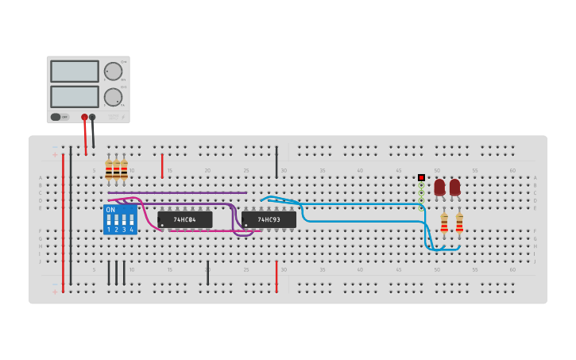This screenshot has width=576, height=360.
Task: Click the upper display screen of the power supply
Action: coord(75,72)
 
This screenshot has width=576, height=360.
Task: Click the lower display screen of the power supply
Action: coord(75,97)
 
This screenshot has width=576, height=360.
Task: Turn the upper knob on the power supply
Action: coord(113,72)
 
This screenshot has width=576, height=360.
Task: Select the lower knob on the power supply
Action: coord(113,97)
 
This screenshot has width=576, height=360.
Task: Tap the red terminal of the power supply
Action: coord(84,117)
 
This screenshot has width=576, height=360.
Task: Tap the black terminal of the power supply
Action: coord(92,117)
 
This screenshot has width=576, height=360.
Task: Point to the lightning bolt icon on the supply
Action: coord(122,117)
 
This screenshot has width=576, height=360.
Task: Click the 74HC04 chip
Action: coord(185,219)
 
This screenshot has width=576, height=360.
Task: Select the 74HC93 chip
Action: coord(269,219)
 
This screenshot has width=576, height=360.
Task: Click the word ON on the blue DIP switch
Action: coord(110,210)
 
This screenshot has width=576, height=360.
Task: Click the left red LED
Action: coord(439,187)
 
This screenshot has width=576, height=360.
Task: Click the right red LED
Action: coord(454,187)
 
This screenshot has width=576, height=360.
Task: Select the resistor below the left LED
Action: coord(444,223)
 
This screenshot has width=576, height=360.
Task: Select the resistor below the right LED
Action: coord(459,223)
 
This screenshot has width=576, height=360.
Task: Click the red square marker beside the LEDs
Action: coord(421,177)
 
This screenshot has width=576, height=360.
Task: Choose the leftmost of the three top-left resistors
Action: coord(109,169)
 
